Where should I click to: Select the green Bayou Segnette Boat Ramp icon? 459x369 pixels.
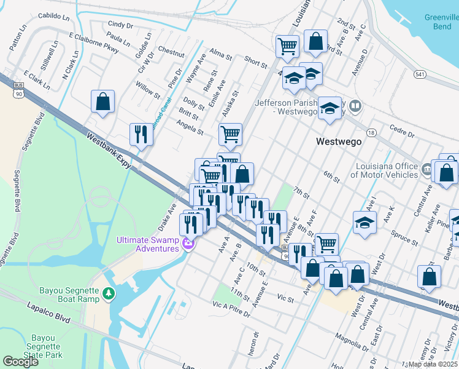point(109,294)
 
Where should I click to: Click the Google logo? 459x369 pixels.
point(21,362)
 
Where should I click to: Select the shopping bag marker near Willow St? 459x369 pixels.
point(103,102)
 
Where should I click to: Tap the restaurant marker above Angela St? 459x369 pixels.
point(141,134)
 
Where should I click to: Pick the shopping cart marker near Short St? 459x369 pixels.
point(287,46)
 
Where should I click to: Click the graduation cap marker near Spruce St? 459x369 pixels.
point(364,223)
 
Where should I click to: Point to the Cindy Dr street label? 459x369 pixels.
point(120,25)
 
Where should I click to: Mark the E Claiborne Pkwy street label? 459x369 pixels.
point(93,41)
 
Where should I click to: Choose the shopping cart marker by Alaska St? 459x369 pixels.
point(230,133)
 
